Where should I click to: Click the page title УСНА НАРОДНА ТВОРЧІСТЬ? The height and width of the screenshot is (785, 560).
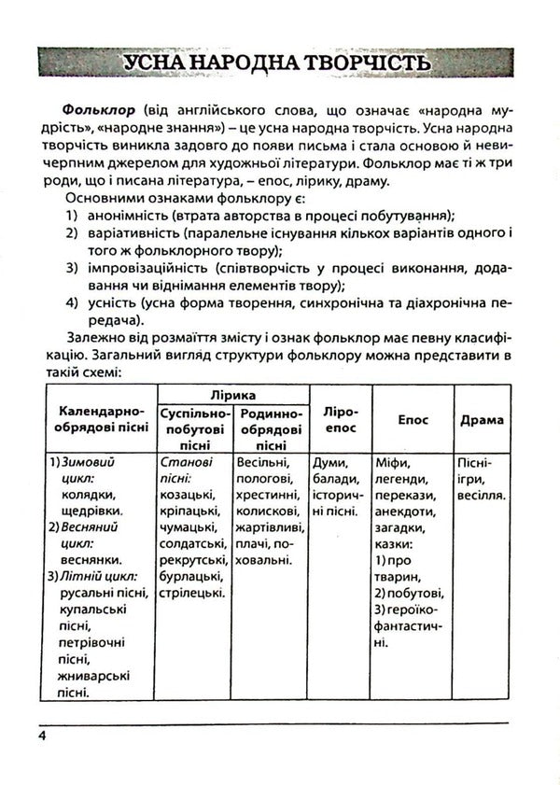point(279,63)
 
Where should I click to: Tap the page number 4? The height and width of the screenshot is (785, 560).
point(43,736)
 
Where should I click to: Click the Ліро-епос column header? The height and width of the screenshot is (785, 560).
point(340,418)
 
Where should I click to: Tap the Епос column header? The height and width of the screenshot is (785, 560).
point(413,419)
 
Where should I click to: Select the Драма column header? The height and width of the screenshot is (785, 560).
point(482,419)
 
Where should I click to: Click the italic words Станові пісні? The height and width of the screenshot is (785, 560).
point(187,470)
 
